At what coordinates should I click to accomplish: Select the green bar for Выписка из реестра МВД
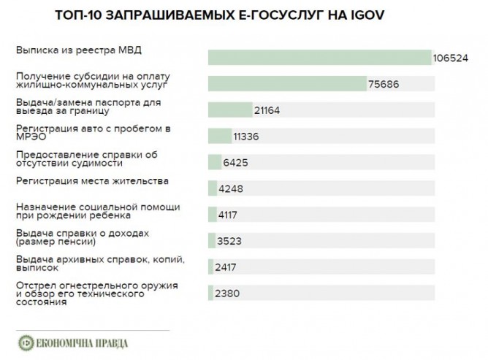click(319, 58)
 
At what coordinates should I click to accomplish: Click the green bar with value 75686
click(287, 84)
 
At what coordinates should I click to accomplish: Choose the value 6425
click(237, 162)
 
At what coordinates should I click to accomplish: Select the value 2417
click(227, 267)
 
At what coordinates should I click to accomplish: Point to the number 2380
click(227, 294)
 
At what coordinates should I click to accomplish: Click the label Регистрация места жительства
click(92, 180)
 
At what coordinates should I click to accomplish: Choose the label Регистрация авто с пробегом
click(93, 133)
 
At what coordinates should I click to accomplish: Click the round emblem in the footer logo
click(26, 343)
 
